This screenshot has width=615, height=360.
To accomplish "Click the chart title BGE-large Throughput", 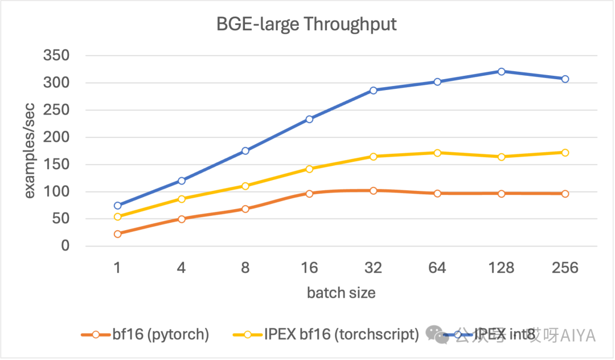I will click(306, 24).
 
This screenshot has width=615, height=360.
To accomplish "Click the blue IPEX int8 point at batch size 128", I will click(501, 71).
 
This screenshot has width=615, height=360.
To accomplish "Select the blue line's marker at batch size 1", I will click(117, 205).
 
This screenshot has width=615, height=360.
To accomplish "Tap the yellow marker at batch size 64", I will click(437, 153).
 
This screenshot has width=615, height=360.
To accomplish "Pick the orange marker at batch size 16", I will click(309, 194).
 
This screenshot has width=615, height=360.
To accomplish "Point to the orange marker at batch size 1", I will click(117, 234).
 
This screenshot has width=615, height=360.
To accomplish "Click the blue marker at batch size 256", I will click(565, 79).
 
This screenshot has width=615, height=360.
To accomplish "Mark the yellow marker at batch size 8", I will click(245, 186).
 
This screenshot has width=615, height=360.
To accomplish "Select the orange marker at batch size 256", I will click(565, 194).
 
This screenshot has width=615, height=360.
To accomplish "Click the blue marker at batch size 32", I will click(374, 90).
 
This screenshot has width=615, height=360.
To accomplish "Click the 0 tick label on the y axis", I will click(65, 246).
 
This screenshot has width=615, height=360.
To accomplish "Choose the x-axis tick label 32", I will click(373, 268).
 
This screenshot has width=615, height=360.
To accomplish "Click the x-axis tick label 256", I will click(565, 268).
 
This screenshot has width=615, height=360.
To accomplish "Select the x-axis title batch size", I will click(341, 293).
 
